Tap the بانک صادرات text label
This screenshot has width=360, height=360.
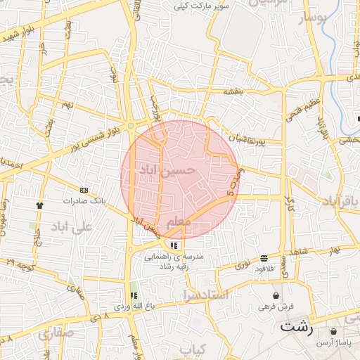[84, 200]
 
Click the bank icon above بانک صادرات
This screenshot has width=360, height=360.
[84, 190]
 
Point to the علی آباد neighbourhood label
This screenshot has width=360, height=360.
[71, 226]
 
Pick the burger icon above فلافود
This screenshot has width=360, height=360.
[264, 258]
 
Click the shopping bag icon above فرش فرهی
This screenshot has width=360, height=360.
[275, 295]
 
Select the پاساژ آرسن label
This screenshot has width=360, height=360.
[331, 342]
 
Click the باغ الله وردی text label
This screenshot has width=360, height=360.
[134, 307]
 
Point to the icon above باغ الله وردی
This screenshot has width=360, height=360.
[134, 296]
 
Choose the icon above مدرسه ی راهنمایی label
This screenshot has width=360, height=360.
[174, 245]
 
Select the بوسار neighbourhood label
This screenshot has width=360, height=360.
[314, 19]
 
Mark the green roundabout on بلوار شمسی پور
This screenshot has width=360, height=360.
[131, 127]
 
